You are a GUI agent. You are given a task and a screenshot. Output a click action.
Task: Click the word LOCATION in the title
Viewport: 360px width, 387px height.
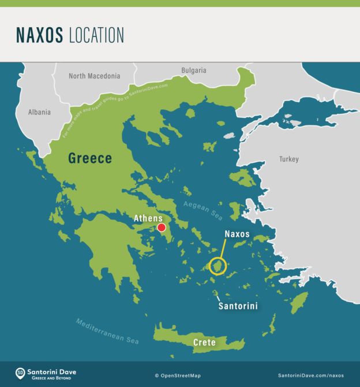[96, 35]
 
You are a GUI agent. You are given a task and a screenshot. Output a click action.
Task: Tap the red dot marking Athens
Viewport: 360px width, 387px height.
[162, 228]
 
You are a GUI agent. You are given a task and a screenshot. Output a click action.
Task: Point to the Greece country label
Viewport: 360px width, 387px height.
[90, 158]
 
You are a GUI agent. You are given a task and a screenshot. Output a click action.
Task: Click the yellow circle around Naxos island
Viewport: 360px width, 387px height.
[218, 266]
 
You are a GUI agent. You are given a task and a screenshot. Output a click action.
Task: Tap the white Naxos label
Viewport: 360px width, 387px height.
[237, 235]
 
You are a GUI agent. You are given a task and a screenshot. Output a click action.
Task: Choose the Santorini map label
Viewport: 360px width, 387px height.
[238, 306]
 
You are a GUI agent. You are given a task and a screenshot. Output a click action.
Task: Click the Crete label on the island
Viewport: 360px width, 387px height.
[204, 343]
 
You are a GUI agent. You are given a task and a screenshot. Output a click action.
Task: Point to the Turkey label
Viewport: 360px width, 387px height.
[289, 159]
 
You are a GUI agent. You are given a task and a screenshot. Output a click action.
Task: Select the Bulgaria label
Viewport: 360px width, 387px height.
[194, 70]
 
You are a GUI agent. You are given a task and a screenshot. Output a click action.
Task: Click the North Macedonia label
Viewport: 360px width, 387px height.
[94, 76]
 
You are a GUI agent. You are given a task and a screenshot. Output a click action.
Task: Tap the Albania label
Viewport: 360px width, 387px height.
[39, 112]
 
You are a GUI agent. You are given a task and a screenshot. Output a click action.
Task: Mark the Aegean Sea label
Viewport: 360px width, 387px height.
[203, 210]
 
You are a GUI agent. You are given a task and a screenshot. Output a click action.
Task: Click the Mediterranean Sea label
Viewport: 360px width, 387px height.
[108, 330]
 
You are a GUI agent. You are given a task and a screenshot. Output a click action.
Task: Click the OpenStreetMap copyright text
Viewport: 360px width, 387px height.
[178, 375]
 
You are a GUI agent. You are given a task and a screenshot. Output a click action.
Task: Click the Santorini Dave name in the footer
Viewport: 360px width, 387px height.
[53, 371]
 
